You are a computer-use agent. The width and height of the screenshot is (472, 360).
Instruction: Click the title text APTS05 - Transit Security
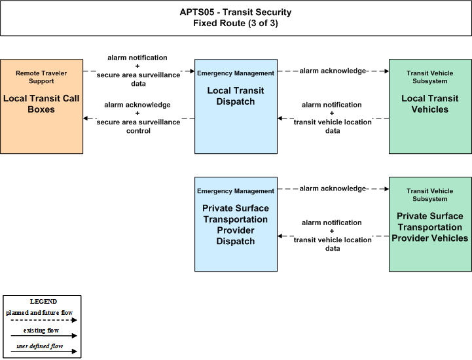click(x=236, y=12)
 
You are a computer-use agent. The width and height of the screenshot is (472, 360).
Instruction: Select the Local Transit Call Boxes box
click(x=41, y=106)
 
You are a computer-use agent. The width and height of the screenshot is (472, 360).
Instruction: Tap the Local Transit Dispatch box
click(x=236, y=106)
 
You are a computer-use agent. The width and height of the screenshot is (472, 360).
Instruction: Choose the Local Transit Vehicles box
click(x=430, y=106)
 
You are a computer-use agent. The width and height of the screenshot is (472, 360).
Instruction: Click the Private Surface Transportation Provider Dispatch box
click(x=236, y=225)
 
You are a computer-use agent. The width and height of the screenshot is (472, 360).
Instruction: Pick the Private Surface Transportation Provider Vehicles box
click(x=430, y=225)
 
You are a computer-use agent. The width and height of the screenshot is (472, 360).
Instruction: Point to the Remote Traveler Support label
click(x=41, y=77)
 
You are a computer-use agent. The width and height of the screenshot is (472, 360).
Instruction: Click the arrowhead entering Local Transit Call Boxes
click(x=86, y=118)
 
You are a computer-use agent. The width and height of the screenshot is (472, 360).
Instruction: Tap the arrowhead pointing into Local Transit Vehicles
click(x=386, y=71)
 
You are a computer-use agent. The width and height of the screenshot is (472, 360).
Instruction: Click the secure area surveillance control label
click(x=138, y=126)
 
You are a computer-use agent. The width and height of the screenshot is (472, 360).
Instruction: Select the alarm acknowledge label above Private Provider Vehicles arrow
click(x=333, y=189)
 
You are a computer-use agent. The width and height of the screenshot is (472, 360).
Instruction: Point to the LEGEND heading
click(x=43, y=302)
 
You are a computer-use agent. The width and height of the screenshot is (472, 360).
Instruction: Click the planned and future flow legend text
click(x=39, y=313)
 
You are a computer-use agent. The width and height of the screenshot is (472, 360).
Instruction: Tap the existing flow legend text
click(x=41, y=331)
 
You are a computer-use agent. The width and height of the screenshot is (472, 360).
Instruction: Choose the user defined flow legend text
click(x=40, y=346)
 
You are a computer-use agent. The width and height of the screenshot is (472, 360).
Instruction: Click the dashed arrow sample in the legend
click(x=44, y=320)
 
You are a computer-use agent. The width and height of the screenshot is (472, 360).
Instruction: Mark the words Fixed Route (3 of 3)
click(x=236, y=23)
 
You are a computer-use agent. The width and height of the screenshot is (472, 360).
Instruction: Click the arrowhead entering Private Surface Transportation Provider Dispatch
click(x=280, y=236)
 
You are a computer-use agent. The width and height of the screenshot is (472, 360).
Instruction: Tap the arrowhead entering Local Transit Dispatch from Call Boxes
click(x=192, y=71)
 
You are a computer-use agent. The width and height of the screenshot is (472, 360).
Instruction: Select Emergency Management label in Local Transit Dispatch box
click(x=236, y=73)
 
